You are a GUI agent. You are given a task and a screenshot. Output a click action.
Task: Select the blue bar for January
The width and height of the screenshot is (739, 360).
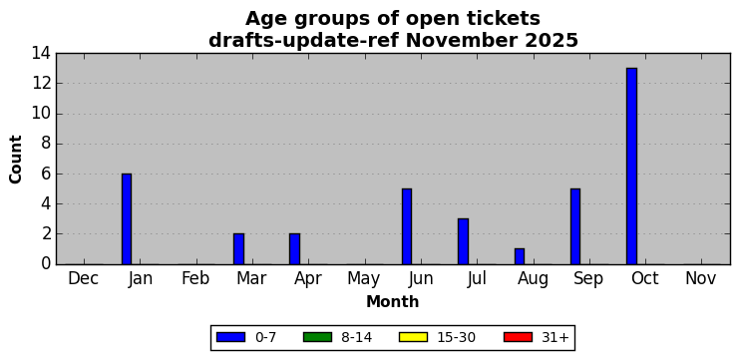coord(127,219)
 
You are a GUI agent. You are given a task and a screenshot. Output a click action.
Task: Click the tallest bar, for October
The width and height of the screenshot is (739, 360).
coord(631,167)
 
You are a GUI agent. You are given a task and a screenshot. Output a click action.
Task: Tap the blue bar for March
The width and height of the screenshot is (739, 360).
coord(238,248)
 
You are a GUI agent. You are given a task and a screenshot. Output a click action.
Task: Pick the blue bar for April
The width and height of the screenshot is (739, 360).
coord(294,248)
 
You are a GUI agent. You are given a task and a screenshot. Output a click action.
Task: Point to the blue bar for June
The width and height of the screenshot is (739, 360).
coord(407,226)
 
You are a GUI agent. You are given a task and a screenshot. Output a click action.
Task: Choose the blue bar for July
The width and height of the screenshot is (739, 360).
coord(463,241)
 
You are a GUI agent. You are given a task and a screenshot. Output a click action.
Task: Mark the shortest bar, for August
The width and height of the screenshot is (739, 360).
coord(520,256)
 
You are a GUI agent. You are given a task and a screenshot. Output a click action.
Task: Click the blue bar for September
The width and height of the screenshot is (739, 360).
coord(575,226)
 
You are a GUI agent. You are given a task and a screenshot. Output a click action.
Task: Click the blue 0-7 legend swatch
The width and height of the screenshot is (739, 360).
coord(230,337)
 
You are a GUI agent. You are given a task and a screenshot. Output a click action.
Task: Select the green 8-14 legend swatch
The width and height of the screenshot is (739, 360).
coord(317,337)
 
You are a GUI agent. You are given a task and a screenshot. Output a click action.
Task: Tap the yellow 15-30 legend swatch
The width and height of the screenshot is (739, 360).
coord(413,337)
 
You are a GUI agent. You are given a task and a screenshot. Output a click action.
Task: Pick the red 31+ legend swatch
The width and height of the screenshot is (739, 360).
coord(518,337)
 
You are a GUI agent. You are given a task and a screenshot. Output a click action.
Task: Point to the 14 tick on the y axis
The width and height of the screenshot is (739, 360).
coord(41,54)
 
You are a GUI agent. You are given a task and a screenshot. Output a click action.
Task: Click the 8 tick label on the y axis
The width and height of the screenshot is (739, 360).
coord(46,144)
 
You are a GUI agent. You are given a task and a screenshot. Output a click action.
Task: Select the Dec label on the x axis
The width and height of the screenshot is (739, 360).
coord(84,279)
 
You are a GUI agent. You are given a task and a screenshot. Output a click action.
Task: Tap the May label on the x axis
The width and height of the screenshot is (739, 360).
coord(364,279)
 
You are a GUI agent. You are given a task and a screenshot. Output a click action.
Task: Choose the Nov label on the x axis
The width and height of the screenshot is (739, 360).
coord(701,279)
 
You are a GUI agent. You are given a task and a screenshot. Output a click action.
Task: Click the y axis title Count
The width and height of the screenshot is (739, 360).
coord(16,160)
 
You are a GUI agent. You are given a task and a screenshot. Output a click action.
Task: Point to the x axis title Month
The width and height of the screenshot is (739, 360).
coord(393,301)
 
